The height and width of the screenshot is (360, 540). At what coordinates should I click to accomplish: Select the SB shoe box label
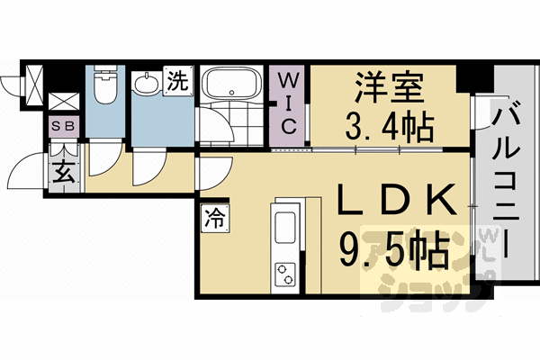(x=62, y=127)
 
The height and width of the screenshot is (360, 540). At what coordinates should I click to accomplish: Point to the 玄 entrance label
(x=63, y=172)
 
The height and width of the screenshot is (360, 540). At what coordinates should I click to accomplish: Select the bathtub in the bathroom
(x=229, y=85)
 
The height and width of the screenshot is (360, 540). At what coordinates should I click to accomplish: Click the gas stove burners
(x=287, y=273)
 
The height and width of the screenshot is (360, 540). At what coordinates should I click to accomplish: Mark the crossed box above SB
(x=62, y=103)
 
